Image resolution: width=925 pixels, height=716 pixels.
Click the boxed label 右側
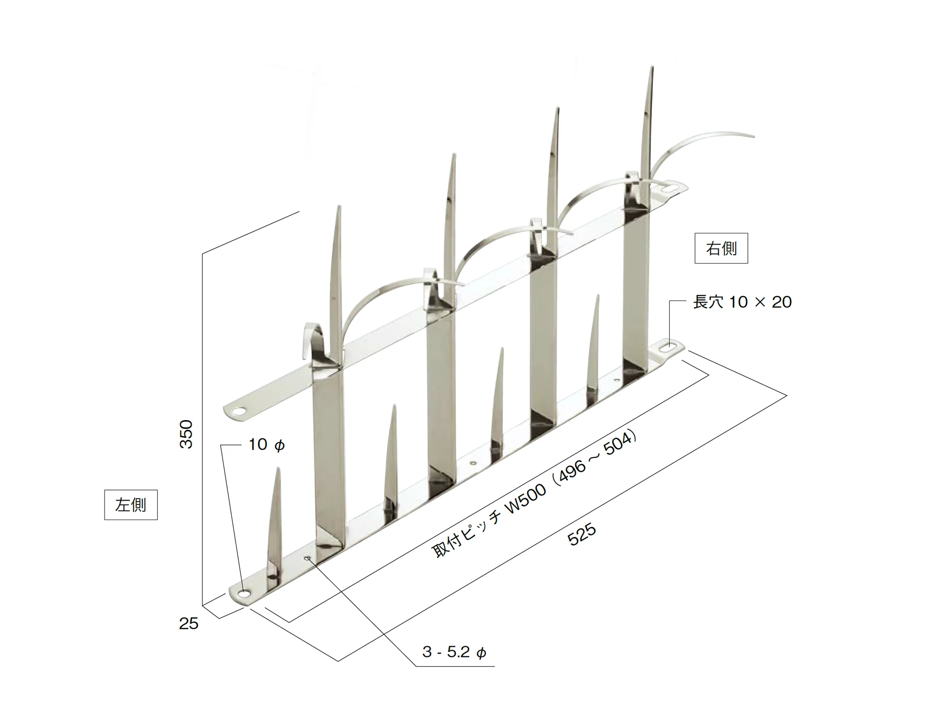coord(721,248)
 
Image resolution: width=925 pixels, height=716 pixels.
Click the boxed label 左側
coord(131,505)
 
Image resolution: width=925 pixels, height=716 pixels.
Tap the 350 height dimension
coord(186,434)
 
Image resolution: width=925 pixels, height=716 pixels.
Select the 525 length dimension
coord(582,534)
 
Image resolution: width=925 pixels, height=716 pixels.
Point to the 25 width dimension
coord(189,623)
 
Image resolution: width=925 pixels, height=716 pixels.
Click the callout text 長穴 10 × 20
coord(742,302)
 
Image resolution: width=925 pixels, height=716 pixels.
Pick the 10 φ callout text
coord(267,445)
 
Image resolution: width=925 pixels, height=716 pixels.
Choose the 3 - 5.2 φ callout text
coord(454,652)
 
